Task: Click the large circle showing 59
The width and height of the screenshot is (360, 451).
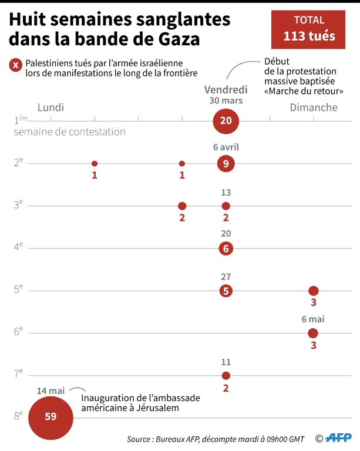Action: tap(51, 417)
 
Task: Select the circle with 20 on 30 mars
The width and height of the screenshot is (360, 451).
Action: tap(226, 122)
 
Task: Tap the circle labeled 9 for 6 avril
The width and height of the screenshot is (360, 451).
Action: tap(226, 164)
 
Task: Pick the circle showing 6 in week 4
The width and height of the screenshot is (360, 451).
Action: tap(226, 248)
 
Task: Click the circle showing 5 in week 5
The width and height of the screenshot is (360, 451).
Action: tap(226, 291)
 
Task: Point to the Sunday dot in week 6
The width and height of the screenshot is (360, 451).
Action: tap(313, 333)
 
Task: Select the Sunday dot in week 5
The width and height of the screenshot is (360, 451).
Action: tap(313, 291)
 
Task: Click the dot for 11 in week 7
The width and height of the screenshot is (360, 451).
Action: tap(226, 375)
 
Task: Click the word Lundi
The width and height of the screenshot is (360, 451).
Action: tap(51, 107)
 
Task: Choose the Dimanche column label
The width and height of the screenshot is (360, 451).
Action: tap(314, 107)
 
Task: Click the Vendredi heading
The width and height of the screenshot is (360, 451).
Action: tap(226, 90)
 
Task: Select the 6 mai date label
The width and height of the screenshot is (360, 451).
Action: tap(313, 319)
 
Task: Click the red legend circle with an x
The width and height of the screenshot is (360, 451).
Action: tap(16, 66)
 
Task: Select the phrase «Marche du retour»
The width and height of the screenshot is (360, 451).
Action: tap(304, 92)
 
